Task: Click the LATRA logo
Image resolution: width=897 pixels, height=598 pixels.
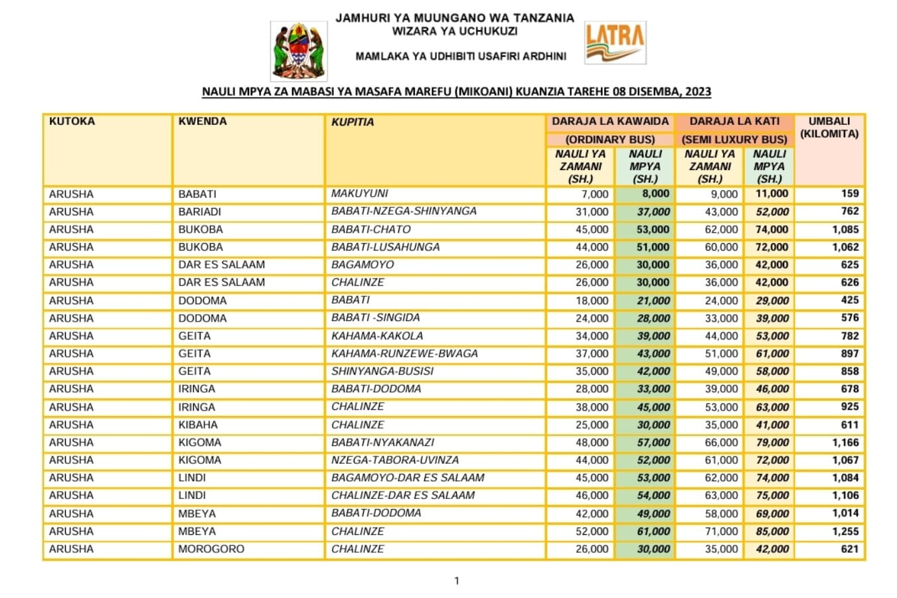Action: pyautogui.click(x=615, y=43)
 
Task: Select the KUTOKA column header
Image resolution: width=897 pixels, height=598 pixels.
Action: pyautogui.click(x=72, y=122)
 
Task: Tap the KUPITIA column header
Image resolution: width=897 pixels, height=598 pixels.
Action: pyautogui.click(x=353, y=122)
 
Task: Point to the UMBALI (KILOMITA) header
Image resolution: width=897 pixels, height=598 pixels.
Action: pyautogui.click(x=829, y=128)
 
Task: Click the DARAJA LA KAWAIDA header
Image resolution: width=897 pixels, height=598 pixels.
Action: pyautogui.click(x=610, y=122)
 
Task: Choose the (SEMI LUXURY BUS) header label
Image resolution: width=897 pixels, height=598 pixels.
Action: pyautogui.click(x=734, y=140)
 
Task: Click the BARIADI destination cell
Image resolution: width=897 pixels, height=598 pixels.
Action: pyautogui.click(x=200, y=212)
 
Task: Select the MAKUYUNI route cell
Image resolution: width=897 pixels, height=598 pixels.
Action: pyautogui.click(x=360, y=193)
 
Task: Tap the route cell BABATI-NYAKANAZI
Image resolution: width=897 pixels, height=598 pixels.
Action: pyautogui.click(x=382, y=442)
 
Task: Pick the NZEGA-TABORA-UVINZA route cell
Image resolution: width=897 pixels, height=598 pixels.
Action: pyautogui.click(x=395, y=460)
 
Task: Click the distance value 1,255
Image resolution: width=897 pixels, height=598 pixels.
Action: pyautogui.click(x=845, y=532)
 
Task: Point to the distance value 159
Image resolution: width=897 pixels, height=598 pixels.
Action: pyautogui.click(x=850, y=194)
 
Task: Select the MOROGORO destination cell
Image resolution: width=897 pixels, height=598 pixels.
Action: pyautogui.click(x=211, y=549)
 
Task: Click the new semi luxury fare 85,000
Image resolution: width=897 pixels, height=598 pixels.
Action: pyautogui.click(x=772, y=532)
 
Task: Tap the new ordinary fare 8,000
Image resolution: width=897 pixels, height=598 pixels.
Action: pyautogui.click(x=655, y=194)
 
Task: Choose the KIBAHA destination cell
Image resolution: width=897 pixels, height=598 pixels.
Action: pyautogui.click(x=198, y=425)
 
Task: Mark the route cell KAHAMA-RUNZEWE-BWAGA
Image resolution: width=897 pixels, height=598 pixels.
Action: pyautogui.click(x=404, y=353)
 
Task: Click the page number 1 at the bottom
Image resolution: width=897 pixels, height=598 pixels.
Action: pyautogui.click(x=457, y=581)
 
